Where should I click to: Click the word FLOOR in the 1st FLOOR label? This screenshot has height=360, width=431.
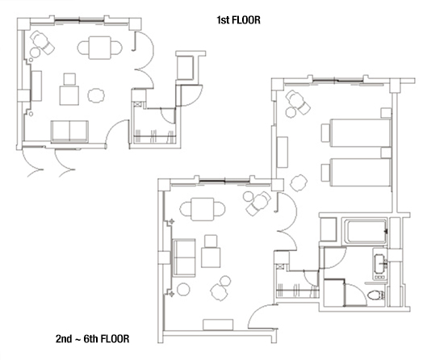pyautogui.click(x=246, y=20)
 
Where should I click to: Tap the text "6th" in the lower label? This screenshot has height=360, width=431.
pyautogui.click(x=91, y=338)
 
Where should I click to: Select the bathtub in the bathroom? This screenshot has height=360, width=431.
pyautogui.click(x=366, y=231)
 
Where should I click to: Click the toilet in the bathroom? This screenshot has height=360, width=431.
pyautogui.click(x=376, y=295)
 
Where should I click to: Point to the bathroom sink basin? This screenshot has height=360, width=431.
pyautogui.click(x=380, y=262)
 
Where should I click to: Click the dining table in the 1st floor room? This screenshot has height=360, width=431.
pyautogui.click(x=100, y=48)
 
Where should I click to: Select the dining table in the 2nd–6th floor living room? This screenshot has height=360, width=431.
pyautogui.click(x=203, y=209)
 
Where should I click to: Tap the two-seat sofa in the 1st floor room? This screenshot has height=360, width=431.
pyautogui.click(x=69, y=132)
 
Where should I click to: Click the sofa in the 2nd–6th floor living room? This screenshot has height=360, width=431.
pyautogui.click(x=184, y=257)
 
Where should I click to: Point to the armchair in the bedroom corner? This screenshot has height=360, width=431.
pyautogui.click(x=299, y=102)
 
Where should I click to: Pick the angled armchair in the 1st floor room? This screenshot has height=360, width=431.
pyautogui.click(x=43, y=43)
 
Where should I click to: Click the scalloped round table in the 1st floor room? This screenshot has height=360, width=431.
pyautogui.click(x=96, y=95)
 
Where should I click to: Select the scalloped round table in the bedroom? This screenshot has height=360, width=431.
pyautogui.click(x=299, y=182)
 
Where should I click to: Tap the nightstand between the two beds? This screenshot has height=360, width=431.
pyautogui.click(x=386, y=153)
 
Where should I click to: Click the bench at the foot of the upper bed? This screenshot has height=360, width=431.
pyautogui.click(x=325, y=133)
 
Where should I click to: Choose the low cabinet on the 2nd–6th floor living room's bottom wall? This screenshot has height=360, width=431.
pyautogui.click(x=218, y=324)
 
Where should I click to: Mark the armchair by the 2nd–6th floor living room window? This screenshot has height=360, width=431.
pyautogui.click(x=257, y=203)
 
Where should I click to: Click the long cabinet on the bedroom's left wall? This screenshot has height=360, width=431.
pyautogui.click(x=282, y=153)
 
